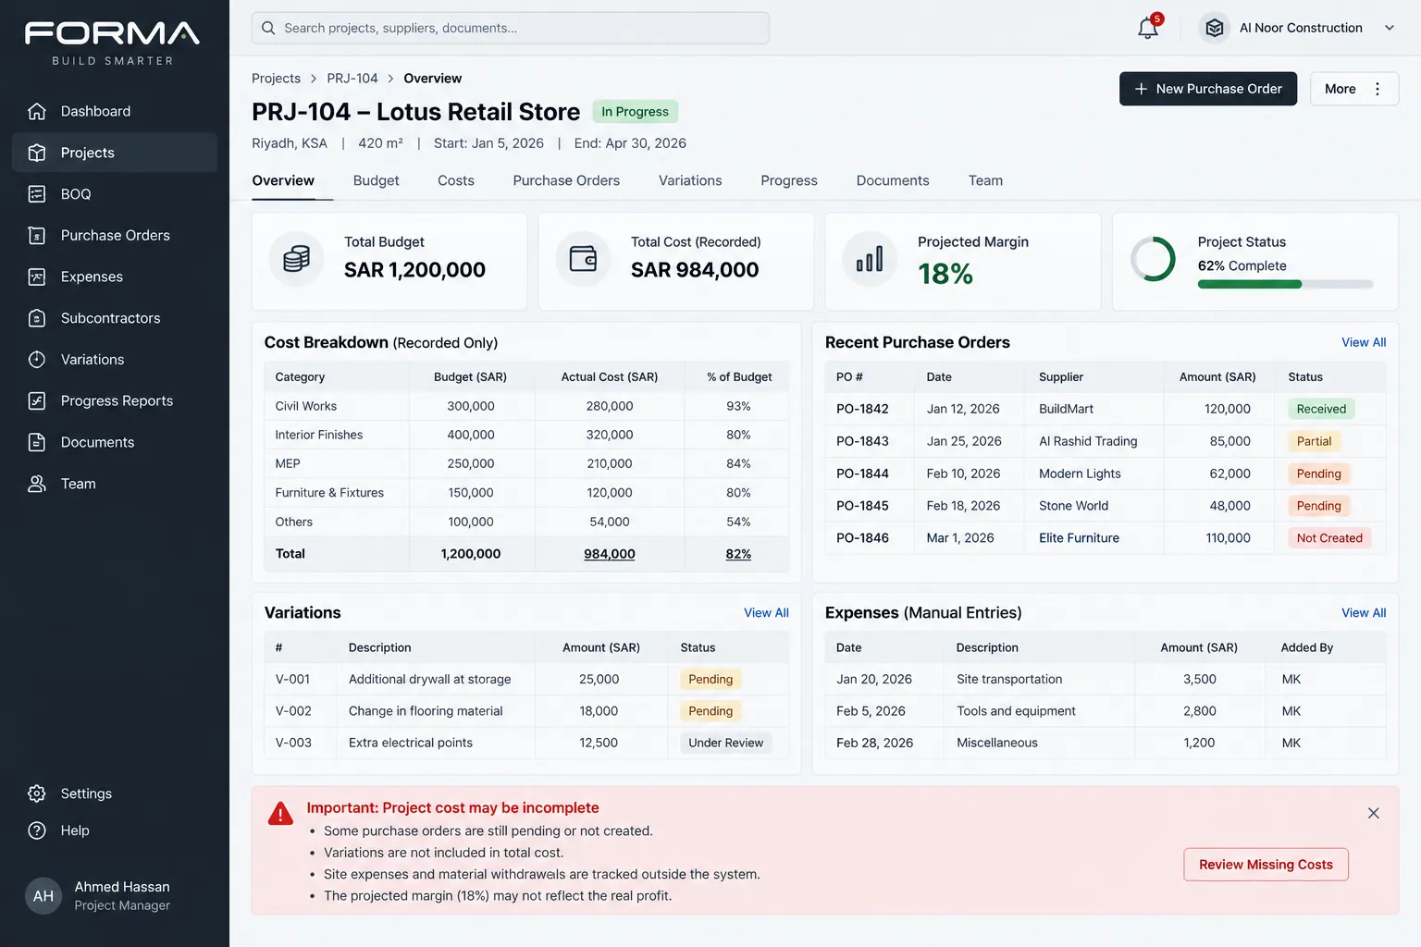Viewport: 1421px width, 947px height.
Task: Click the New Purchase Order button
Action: pos(1208,89)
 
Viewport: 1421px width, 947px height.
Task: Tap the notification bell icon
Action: pos(1147,28)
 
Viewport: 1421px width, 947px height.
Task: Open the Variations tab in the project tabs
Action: pos(690,180)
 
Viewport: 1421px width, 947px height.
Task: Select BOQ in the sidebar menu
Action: pos(76,194)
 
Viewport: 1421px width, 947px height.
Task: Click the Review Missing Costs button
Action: pos(1266,864)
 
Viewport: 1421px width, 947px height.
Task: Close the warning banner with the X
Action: pos(1374,813)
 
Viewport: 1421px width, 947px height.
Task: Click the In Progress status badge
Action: pos(635,112)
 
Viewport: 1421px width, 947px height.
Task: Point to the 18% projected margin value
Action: pos(945,274)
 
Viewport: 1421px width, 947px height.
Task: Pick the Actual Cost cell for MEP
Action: pos(609,463)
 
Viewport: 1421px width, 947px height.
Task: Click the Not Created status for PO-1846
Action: pos(1329,538)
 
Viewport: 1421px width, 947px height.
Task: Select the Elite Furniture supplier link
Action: pos(1079,538)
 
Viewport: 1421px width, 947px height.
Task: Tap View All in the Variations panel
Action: pos(766,613)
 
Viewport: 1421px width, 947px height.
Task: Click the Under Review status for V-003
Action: pos(725,743)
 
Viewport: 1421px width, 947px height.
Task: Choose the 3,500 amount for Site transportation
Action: pos(1200,680)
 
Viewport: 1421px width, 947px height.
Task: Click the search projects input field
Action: pos(510,28)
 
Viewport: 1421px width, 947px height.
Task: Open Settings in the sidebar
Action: pos(86,793)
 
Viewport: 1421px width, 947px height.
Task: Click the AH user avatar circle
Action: pos(43,895)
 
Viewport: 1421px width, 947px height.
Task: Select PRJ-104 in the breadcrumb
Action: pos(352,79)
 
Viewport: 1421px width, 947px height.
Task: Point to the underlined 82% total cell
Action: pos(737,554)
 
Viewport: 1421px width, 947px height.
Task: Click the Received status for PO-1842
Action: pos(1321,409)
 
